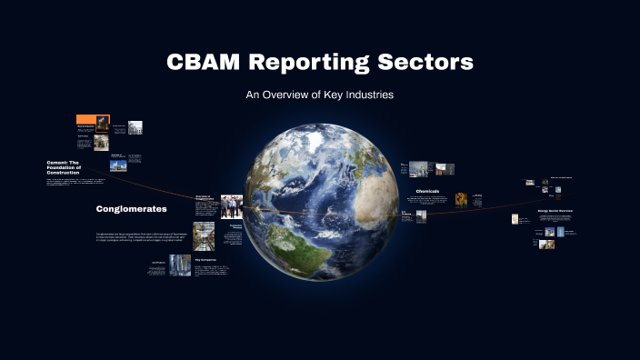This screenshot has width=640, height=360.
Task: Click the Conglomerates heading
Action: click(132, 209)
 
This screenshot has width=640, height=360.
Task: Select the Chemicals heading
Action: click(427, 191)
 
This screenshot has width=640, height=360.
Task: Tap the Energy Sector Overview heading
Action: click(554, 210)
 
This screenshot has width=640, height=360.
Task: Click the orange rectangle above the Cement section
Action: click(86, 119)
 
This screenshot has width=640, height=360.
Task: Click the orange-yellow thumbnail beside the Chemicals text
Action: click(462, 199)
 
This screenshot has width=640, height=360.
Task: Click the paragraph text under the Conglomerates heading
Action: click(140, 239)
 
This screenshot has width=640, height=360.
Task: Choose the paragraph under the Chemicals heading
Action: click(432, 201)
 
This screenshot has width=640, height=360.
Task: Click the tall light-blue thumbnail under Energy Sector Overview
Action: click(561, 231)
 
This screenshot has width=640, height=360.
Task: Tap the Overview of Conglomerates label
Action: click(204, 196)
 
